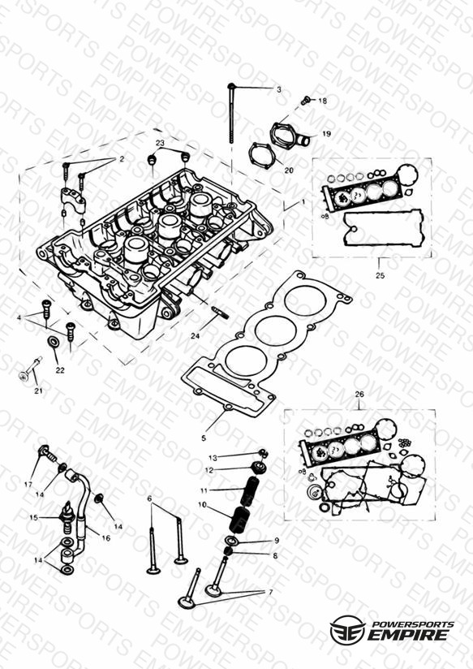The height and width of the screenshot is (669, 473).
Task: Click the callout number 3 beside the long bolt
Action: (279, 89)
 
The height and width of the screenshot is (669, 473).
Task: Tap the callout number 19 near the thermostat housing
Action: (326, 134)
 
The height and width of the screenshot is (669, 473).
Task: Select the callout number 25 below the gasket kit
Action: (380, 275)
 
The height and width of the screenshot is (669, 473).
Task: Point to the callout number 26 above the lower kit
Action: (359, 395)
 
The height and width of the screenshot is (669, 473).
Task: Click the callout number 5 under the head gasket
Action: (204, 438)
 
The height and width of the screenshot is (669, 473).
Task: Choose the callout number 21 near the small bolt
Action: (39, 391)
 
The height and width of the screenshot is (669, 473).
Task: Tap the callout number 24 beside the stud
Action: (195, 336)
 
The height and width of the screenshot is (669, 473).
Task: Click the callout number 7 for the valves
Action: (270, 592)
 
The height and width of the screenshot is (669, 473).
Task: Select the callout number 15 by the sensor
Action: (34, 517)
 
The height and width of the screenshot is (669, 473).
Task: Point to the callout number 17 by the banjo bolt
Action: (28, 485)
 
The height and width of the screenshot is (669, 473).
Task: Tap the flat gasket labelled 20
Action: (261, 155)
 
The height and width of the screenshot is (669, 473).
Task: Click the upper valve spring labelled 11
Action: (250, 490)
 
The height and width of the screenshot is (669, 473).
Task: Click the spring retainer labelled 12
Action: (259, 467)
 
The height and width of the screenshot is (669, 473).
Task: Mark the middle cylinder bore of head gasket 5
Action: (276, 329)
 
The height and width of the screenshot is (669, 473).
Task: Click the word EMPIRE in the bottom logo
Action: (409, 634)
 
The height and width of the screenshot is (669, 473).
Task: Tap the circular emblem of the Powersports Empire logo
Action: (347, 629)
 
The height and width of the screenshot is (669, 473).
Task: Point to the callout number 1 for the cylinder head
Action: (303, 201)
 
